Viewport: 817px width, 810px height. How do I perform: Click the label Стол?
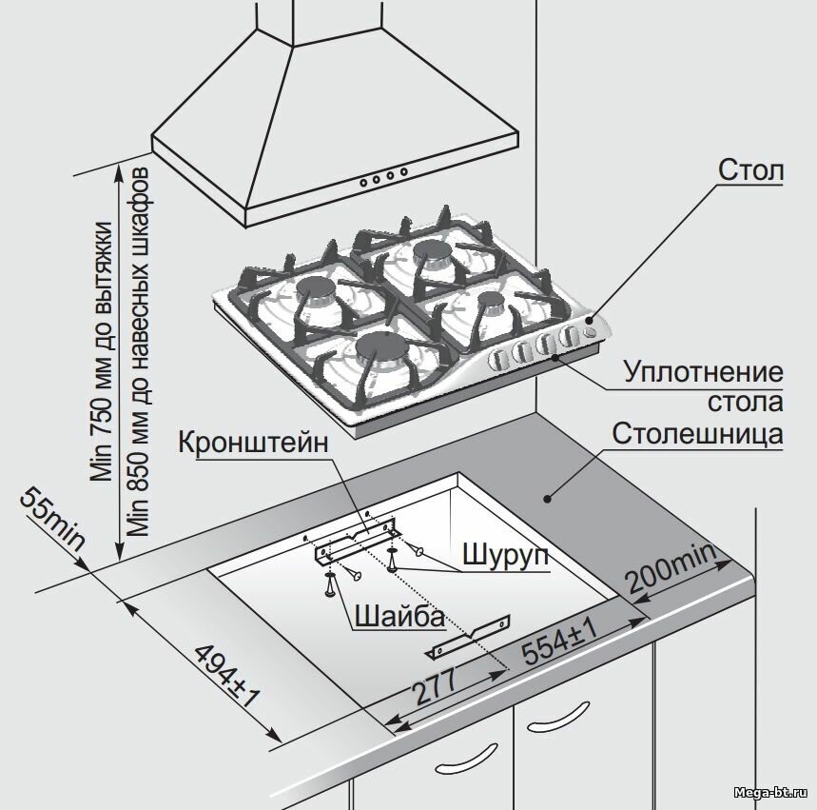point(750,172)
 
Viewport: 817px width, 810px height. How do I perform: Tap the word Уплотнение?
point(703,371)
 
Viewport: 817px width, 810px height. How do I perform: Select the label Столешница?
point(697,435)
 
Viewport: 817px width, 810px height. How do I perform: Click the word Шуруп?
point(505,555)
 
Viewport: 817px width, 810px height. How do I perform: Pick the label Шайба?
point(399,618)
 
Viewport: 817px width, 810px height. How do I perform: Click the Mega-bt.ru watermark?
point(775,792)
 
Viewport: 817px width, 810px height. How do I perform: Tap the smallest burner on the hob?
point(492,300)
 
